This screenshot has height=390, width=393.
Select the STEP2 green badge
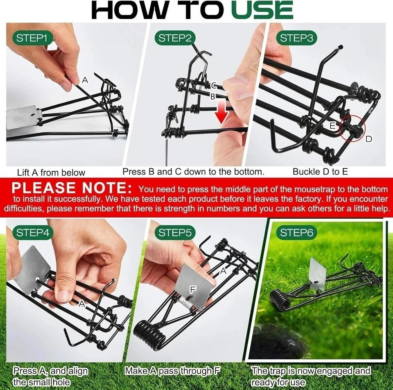click(x=175, y=39)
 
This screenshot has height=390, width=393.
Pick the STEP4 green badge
click(x=35, y=233)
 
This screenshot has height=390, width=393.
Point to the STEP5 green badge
click(x=175, y=233)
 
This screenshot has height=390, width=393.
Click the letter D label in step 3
click(x=368, y=139)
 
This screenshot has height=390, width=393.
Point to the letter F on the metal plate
click(x=193, y=289)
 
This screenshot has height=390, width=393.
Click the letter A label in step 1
click(x=85, y=80)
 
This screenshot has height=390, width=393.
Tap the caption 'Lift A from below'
click(x=51, y=172)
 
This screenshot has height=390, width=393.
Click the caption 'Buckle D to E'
click(x=320, y=172)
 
